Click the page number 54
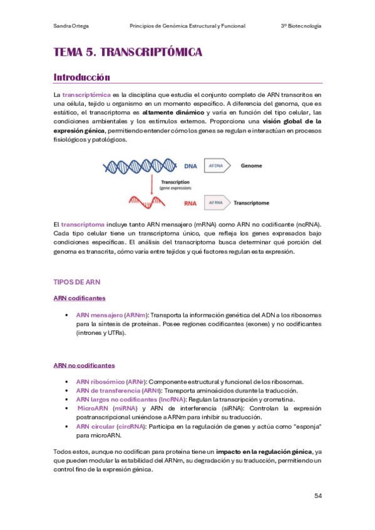(x=318, y=496)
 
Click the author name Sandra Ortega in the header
(x=71, y=26)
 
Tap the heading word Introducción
(x=82, y=77)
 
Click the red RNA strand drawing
(x=148, y=202)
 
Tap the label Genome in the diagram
(x=254, y=167)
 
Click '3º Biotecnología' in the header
(x=301, y=26)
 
